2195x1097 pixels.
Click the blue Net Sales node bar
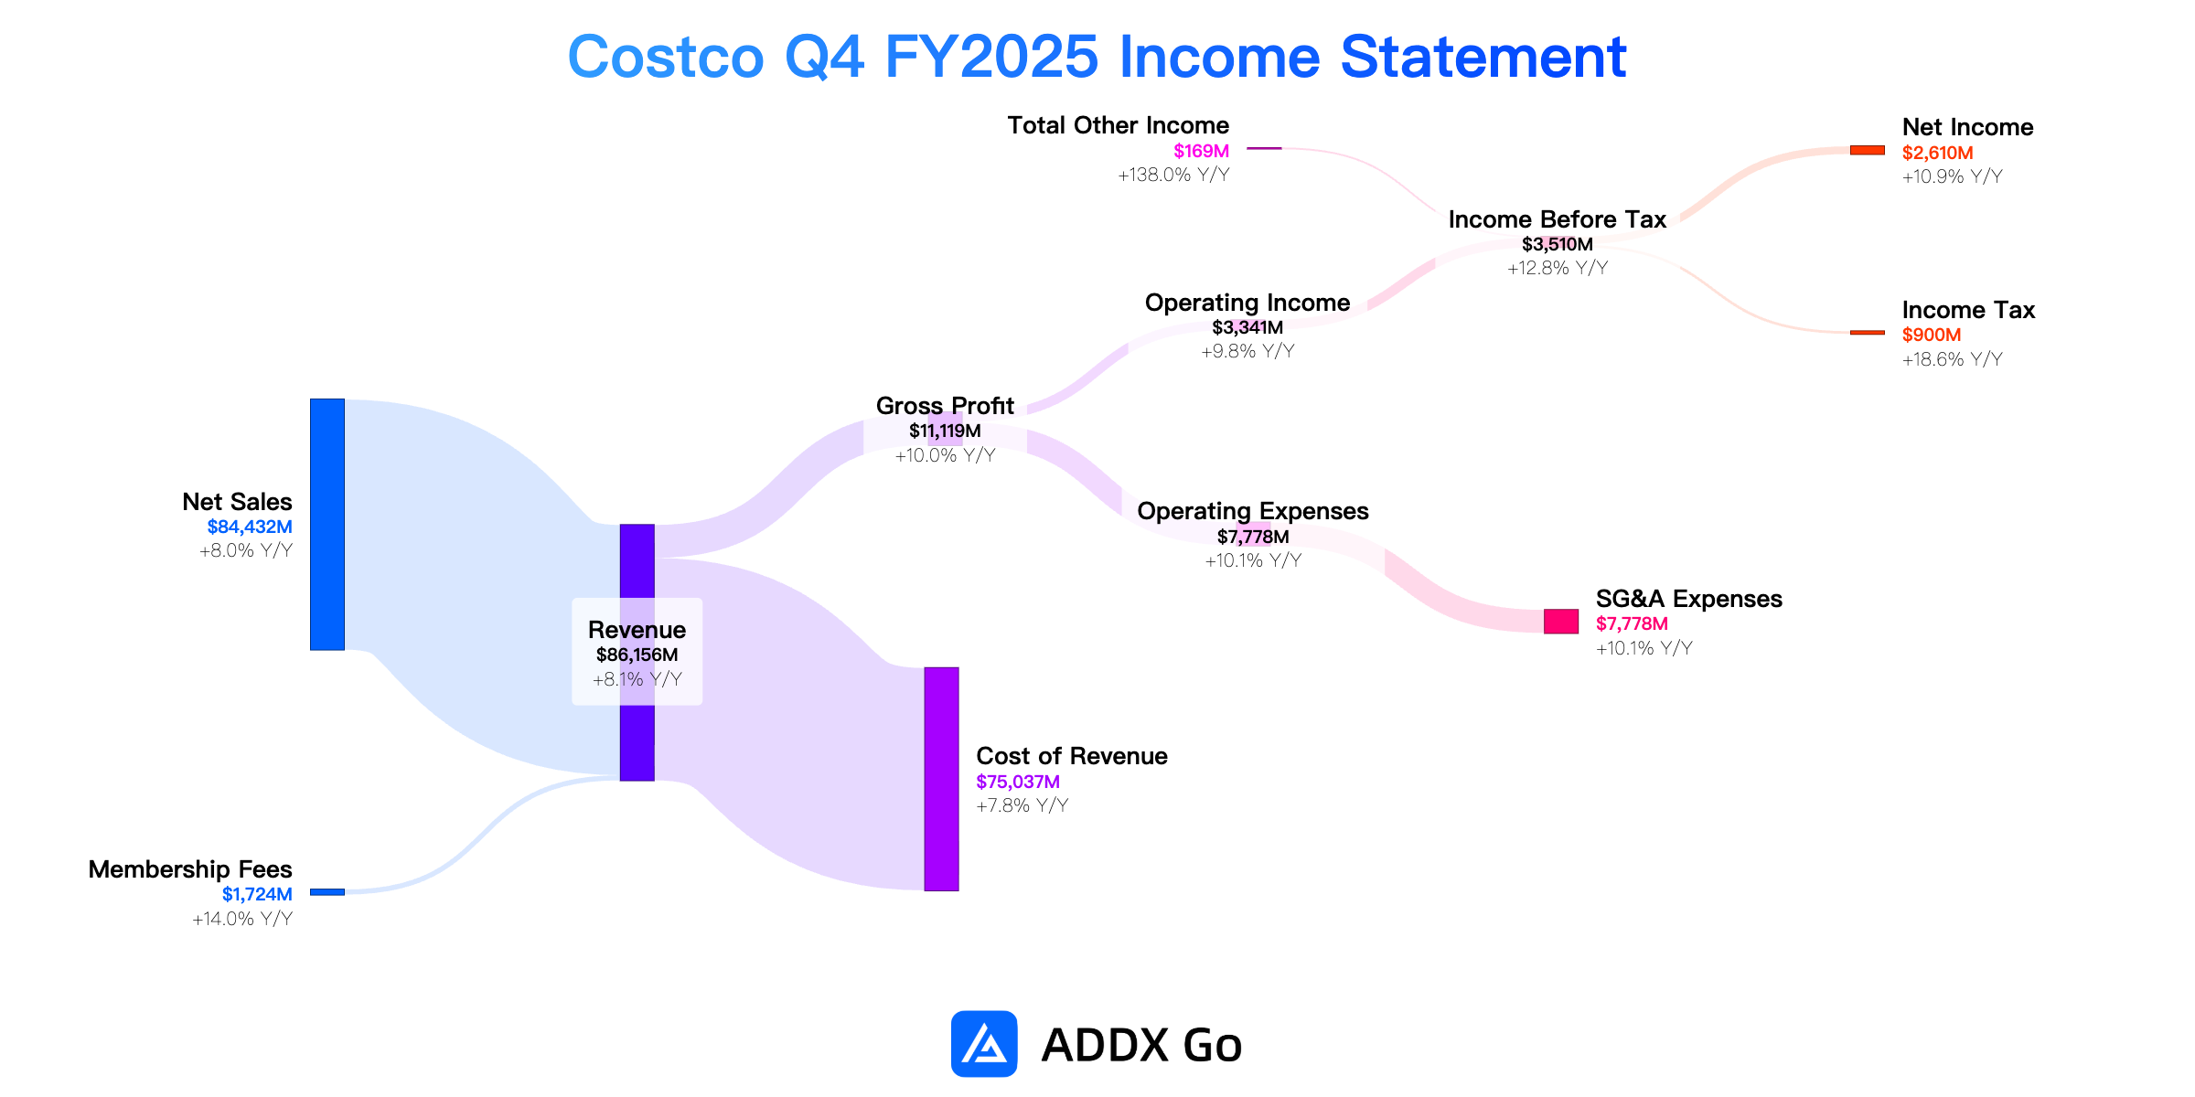click(327, 525)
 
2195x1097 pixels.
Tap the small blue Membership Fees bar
click(327, 891)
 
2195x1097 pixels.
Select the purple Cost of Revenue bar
click(941, 779)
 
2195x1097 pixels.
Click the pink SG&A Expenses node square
click(1561, 622)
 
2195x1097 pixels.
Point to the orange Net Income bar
click(1868, 150)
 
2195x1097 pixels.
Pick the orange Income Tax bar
click(1868, 333)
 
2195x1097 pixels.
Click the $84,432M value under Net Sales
click(250, 527)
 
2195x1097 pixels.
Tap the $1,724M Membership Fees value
click(257, 894)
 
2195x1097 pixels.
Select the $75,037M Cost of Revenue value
click(1018, 782)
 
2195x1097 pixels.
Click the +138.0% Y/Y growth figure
click(1173, 175)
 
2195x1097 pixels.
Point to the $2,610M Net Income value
click(1937, 153)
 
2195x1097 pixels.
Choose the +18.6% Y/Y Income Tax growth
click(1952, 359)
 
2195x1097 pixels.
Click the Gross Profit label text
click(945, 406)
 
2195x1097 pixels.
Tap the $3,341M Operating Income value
click(1247, 327)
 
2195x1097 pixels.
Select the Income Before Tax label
click(1558, 219)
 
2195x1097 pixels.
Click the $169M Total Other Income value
click(1202, 151)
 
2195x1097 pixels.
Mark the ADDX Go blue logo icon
click(984, 1044)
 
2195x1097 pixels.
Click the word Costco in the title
click(666, 57)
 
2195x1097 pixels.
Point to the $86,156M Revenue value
click(637, 655)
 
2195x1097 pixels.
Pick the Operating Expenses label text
click(1253, 511)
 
